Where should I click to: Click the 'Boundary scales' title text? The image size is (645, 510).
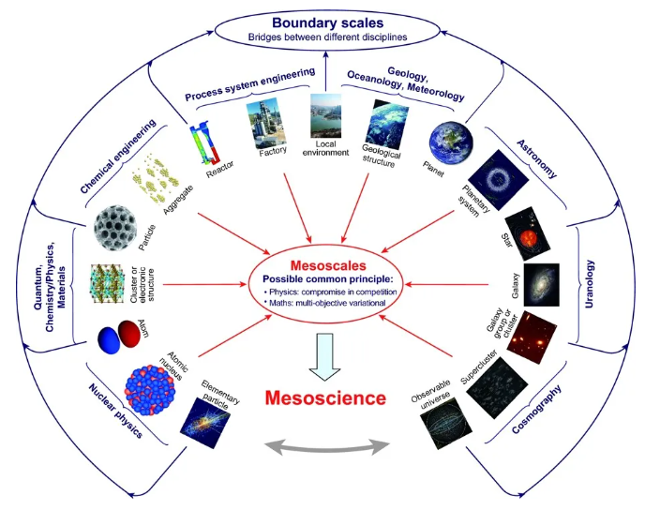322,22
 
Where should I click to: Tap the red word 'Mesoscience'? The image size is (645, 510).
325,397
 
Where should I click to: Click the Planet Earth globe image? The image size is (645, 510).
450,142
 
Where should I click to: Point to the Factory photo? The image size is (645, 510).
265,122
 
